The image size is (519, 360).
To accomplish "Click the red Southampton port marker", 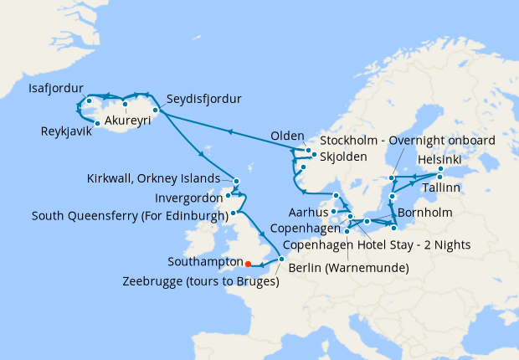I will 248,264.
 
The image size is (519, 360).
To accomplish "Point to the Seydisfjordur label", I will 203,99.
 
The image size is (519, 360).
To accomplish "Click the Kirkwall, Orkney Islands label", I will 153,178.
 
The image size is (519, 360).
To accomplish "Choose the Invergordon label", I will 181,198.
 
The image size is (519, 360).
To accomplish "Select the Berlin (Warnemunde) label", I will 348,268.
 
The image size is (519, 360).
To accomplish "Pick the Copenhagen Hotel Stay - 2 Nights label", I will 376,244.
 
